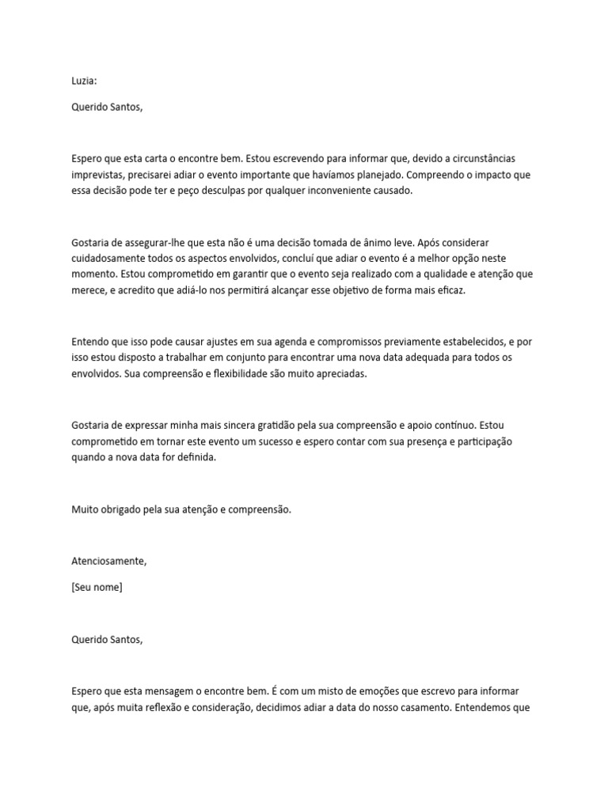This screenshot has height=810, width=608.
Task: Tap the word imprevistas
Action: point(97,175)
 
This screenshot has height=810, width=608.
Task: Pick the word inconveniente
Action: point(374,191)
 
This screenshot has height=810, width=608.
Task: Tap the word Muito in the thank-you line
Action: point(85,510)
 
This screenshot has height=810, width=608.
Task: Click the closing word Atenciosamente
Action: point(108,561)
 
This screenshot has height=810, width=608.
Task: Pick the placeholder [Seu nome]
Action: point(97,587)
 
